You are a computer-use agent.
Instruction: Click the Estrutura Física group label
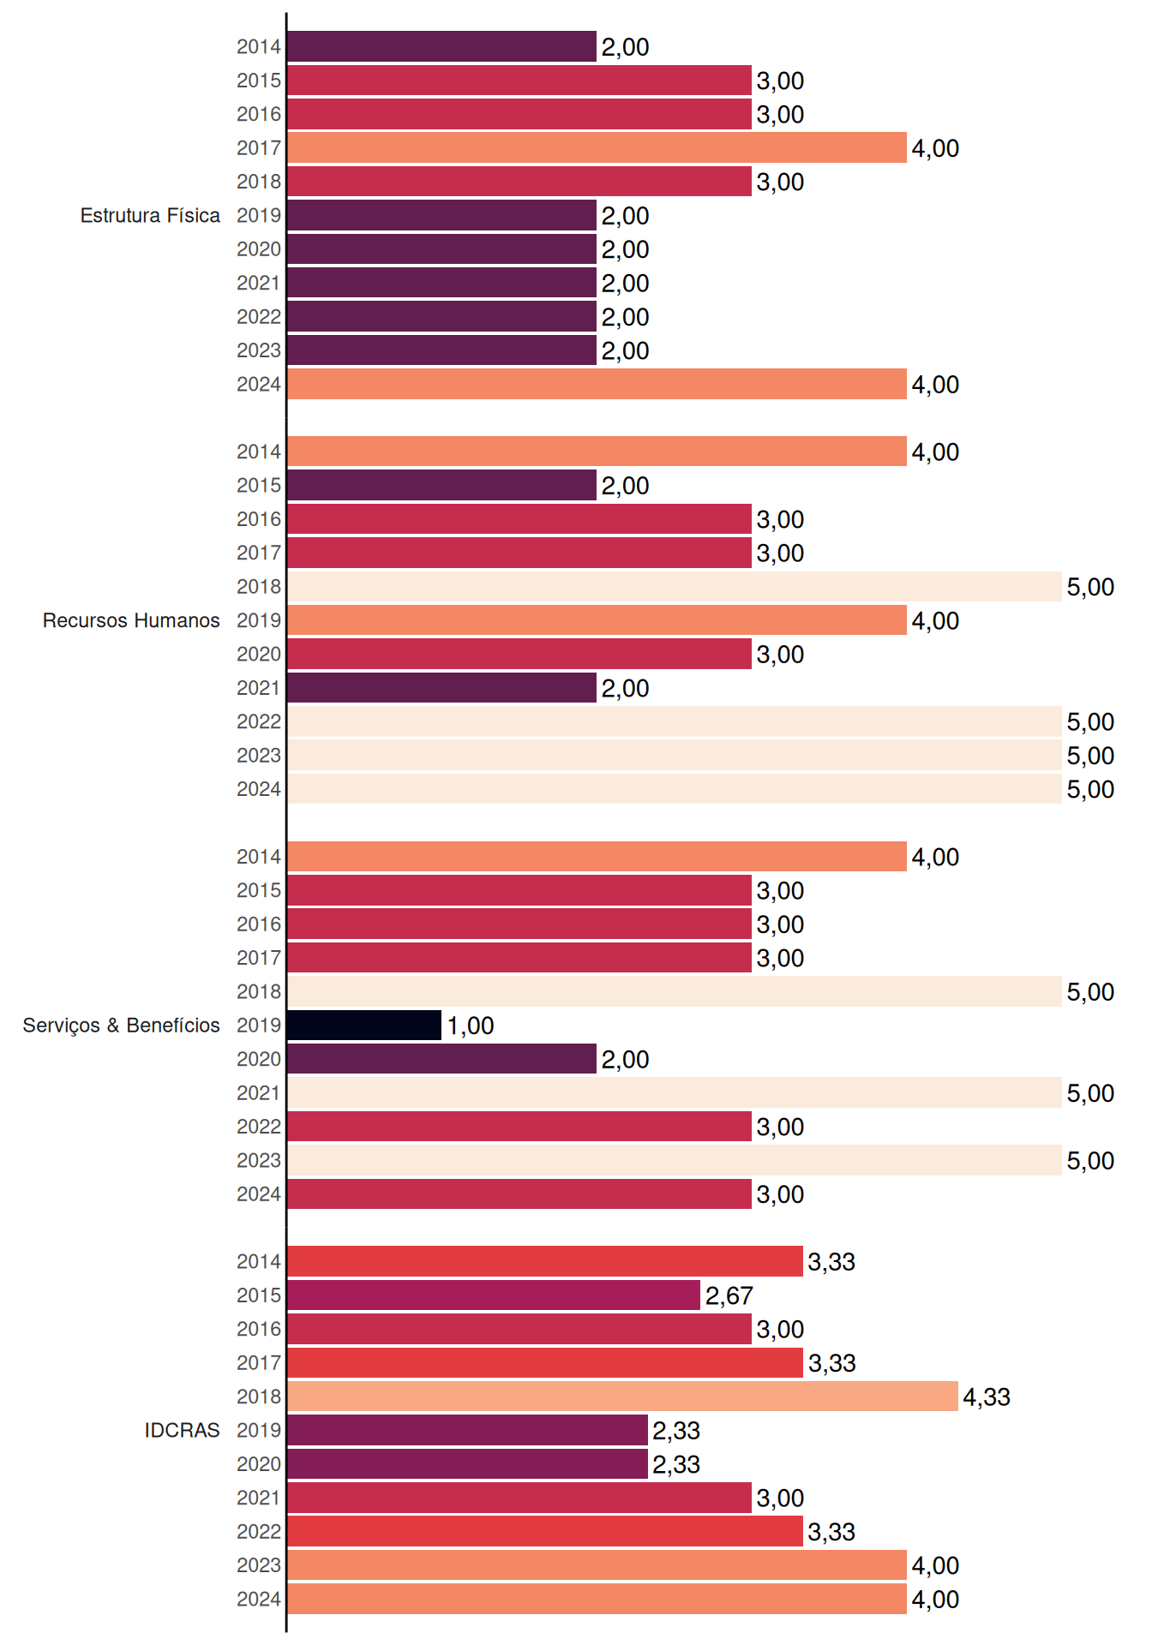pos(150,216)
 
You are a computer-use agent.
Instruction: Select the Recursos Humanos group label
pos(131,620)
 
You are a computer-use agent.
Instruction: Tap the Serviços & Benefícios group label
pos(121,1026)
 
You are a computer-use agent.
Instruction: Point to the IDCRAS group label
pos(182,1430)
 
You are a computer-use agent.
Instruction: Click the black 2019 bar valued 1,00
pos(364,1026)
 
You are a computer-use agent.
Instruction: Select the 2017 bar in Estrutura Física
pos(597,148)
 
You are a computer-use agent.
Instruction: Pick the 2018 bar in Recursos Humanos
pos(675,587)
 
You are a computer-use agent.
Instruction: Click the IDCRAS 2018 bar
pos(622,1397)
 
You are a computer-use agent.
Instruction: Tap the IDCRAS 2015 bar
pos(494,1295)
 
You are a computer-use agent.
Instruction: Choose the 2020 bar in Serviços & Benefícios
pos(441,1059)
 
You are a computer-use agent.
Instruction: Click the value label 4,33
pos(987,1397)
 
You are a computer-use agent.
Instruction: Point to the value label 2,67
pos(729,1296)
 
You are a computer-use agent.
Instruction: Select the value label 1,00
pos(470,1026)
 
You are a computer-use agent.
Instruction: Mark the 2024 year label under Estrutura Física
pos(259,385)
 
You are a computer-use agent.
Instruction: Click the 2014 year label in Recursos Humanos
pos(259,452)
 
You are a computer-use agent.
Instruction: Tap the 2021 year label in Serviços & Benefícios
pos(259,1093)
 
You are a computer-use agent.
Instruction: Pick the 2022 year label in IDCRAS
pos(259,1532)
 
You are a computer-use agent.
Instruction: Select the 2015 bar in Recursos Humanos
pos(441,485)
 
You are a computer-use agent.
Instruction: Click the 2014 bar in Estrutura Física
pos(441,46)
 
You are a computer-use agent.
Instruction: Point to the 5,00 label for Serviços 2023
pos(1090,1161)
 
